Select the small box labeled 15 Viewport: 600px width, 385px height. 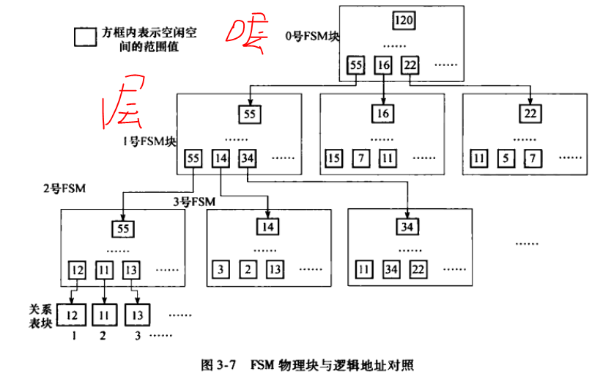coord(334,158)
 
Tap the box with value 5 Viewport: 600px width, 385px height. coord(505,158)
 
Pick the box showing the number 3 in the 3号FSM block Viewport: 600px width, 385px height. coord(221,269)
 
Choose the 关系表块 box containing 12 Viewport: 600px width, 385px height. coord(72,315)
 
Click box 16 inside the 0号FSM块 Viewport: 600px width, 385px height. coord(383,65)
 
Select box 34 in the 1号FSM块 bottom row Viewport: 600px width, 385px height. coord(248,158)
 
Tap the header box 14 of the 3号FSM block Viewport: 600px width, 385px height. coord(269,227)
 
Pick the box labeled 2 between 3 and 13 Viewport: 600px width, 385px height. coord(248,269)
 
